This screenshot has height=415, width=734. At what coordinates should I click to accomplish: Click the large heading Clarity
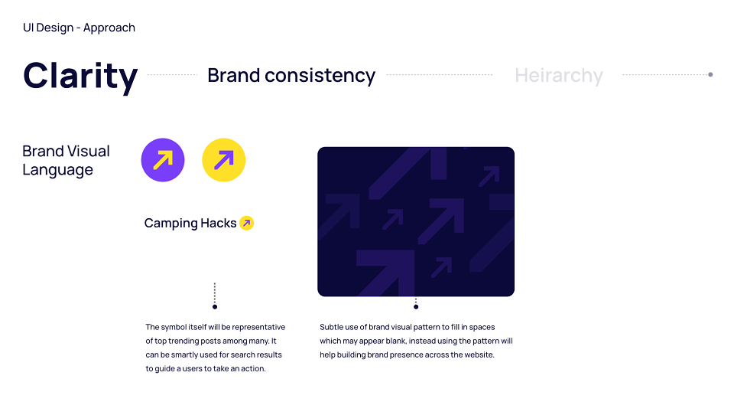tap(80, 77)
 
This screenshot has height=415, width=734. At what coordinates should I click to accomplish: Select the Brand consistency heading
tap(291, 76)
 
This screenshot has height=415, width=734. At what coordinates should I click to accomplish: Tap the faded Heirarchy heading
tap(559, 76)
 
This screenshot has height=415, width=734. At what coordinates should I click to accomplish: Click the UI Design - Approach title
tap(79, 28)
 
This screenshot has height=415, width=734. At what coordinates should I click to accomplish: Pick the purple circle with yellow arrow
tap(163, 160)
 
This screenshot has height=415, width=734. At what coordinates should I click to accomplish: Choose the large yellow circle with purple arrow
tap(224, 160)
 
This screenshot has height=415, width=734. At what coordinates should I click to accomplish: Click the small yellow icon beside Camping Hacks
tap(247, 224)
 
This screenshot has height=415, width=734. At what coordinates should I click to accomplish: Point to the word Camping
tap(171, 224)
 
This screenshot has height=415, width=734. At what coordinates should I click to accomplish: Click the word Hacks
tap(219, 223)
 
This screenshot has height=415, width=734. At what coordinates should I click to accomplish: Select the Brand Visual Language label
tap(66, 160)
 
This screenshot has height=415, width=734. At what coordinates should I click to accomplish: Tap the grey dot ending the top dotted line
tap(710, 74)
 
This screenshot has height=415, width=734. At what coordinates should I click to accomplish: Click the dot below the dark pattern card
tap(416, 307)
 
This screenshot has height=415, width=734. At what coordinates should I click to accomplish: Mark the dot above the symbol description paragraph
tap(215, 307)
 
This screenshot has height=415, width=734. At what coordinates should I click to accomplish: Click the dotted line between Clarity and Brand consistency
tap(172, 74)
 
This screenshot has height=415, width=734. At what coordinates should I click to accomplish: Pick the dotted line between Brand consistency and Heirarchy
tap(440, 74)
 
